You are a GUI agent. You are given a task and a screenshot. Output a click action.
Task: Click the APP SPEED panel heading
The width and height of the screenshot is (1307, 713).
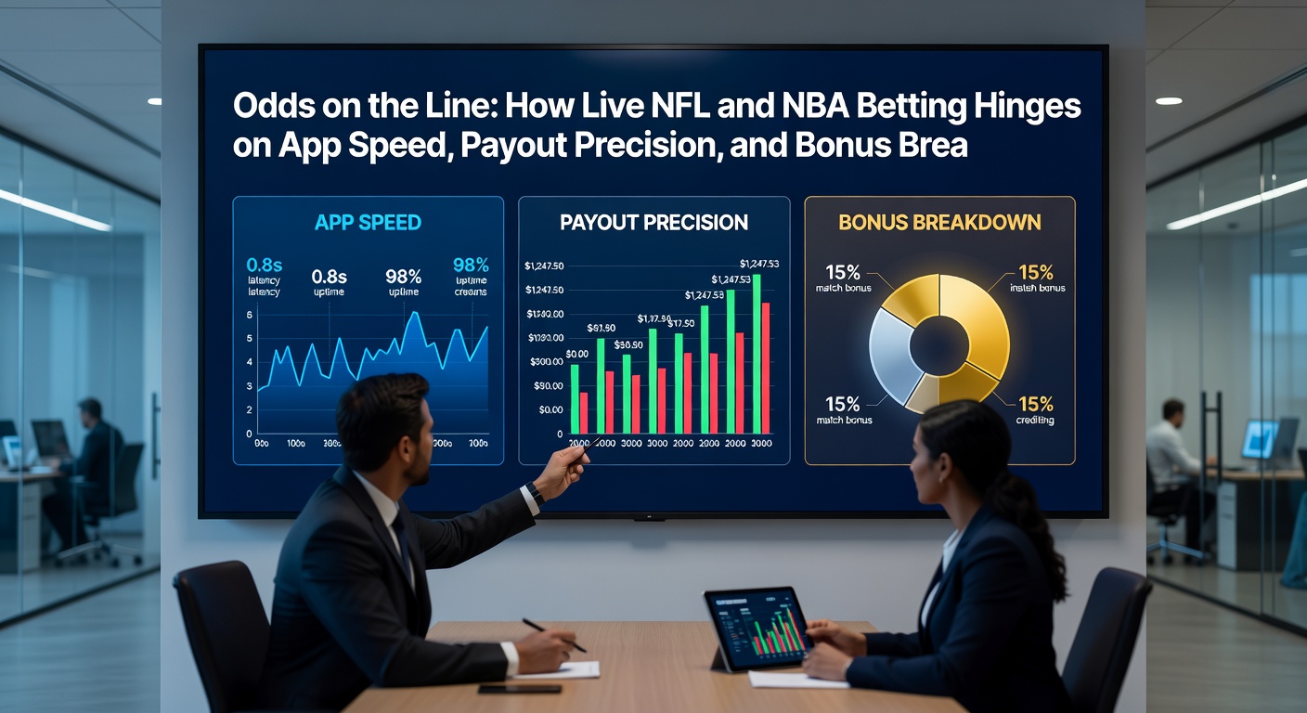coord(368,223)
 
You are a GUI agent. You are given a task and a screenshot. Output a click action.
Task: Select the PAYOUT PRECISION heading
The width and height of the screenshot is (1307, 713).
coord(653,223)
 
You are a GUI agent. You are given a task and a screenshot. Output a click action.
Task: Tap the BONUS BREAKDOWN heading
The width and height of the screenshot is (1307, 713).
coord(939,223)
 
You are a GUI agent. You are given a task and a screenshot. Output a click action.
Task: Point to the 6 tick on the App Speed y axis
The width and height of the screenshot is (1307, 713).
coord(250,316)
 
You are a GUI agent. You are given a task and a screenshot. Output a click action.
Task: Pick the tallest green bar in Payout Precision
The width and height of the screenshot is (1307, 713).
coord(756,354)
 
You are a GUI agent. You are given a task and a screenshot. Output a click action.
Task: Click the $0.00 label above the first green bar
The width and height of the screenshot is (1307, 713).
coord(576,354)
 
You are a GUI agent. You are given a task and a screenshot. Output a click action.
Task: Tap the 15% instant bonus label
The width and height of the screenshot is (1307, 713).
coord(1035,273)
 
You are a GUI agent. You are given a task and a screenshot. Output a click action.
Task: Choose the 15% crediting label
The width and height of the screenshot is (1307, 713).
coord(1035,405)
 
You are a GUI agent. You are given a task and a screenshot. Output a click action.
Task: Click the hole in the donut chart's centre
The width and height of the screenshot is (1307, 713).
coord(938,344)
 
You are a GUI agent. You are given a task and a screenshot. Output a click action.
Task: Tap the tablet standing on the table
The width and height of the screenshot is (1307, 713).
coord(757,629)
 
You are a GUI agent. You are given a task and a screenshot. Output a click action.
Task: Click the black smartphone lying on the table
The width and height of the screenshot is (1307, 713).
coord(519,689)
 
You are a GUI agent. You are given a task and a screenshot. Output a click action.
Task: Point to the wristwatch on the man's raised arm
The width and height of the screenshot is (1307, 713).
coord(533,493)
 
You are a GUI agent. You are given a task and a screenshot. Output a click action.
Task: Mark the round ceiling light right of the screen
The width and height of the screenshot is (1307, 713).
coord(1169,100)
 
